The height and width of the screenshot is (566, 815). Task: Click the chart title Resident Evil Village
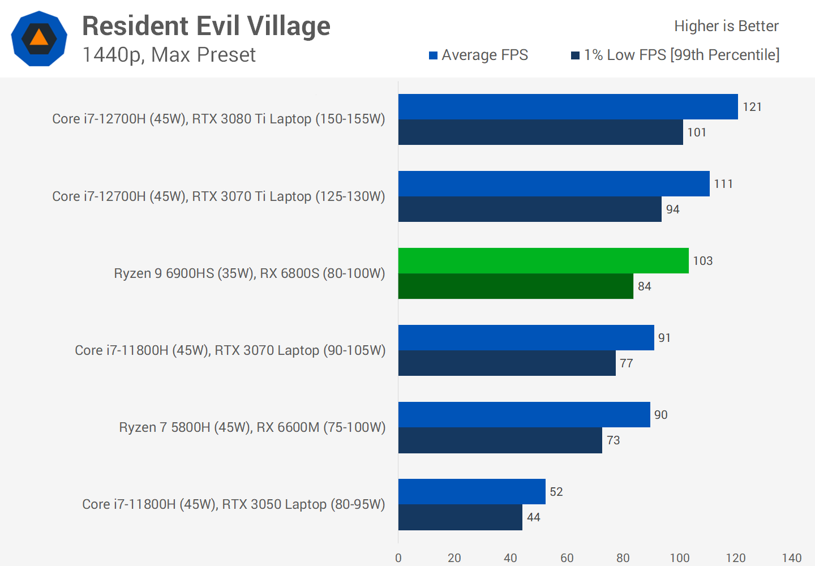tap(206, 26)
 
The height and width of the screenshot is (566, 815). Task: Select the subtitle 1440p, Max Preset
tap(169, 55)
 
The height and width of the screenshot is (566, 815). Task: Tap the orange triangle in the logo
tap(39, 38)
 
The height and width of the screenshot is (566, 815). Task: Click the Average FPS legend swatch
tap(434, 55)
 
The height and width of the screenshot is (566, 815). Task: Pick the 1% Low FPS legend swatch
tap(576, 55)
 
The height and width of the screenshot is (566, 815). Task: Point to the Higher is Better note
tap(726, 26)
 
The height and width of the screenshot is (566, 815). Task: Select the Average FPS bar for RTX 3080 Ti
tap(568, 106)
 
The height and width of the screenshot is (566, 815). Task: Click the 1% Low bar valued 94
tap(530, 209)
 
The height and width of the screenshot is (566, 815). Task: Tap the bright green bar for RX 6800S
tap(543, 260)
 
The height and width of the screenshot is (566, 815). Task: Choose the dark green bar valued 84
tap(516, 286)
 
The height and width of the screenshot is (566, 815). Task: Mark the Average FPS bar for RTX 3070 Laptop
tap(526, 337)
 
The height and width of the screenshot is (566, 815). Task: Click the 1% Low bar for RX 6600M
tap(500, 440)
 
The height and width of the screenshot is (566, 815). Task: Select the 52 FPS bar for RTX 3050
tap(471, 491)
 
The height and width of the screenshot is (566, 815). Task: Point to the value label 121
tap(752, 107)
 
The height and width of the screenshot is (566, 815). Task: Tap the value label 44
tap(534, 517)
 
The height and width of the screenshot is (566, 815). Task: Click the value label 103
tap(703, 261)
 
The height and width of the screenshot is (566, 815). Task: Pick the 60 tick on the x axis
tap(567, 558)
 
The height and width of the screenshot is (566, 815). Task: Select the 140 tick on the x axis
tap(792, 558)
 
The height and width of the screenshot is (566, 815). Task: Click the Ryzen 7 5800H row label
tap(252, 427)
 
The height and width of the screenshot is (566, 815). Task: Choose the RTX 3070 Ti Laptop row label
tap(218, 196)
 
